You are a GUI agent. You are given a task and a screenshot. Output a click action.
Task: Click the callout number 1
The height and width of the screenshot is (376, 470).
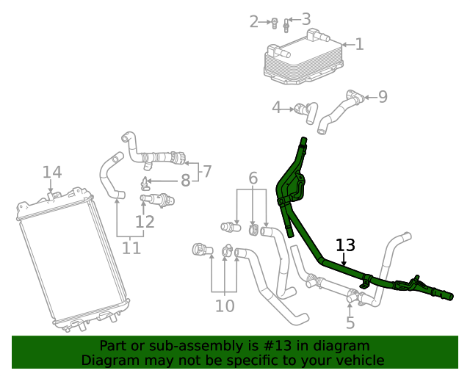click(359, 44)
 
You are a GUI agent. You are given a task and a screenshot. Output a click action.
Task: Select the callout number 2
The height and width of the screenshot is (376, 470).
click(254, 22)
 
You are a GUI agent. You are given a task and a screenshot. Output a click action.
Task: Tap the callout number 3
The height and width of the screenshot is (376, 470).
click(305, 20)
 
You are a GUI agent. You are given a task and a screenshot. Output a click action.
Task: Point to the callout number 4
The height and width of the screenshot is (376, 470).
click(277, 108)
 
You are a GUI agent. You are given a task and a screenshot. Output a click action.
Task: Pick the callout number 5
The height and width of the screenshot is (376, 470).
click(350, 322)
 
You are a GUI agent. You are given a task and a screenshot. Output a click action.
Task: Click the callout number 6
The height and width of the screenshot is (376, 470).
click(253, 178)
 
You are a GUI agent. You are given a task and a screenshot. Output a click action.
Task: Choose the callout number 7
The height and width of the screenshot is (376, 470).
click(207, 171)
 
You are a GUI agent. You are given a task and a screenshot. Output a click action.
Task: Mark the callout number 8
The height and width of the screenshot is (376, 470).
click(186, 180)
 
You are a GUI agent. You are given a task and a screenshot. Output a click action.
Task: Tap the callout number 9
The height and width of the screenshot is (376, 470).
click(383, 96)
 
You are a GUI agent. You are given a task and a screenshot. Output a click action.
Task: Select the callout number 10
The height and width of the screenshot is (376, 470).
click(225, 305)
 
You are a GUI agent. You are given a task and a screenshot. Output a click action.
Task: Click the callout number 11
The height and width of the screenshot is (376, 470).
click(131, 248)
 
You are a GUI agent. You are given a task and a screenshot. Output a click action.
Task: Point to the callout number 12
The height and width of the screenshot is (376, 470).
click(145, 221)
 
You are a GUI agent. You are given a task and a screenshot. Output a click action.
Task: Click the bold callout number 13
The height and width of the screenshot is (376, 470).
click(345, 245)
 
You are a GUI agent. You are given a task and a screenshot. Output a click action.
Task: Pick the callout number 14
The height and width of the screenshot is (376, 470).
click(52, 173)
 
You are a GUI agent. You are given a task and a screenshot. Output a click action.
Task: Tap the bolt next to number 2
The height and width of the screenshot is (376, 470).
click(273, 23)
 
